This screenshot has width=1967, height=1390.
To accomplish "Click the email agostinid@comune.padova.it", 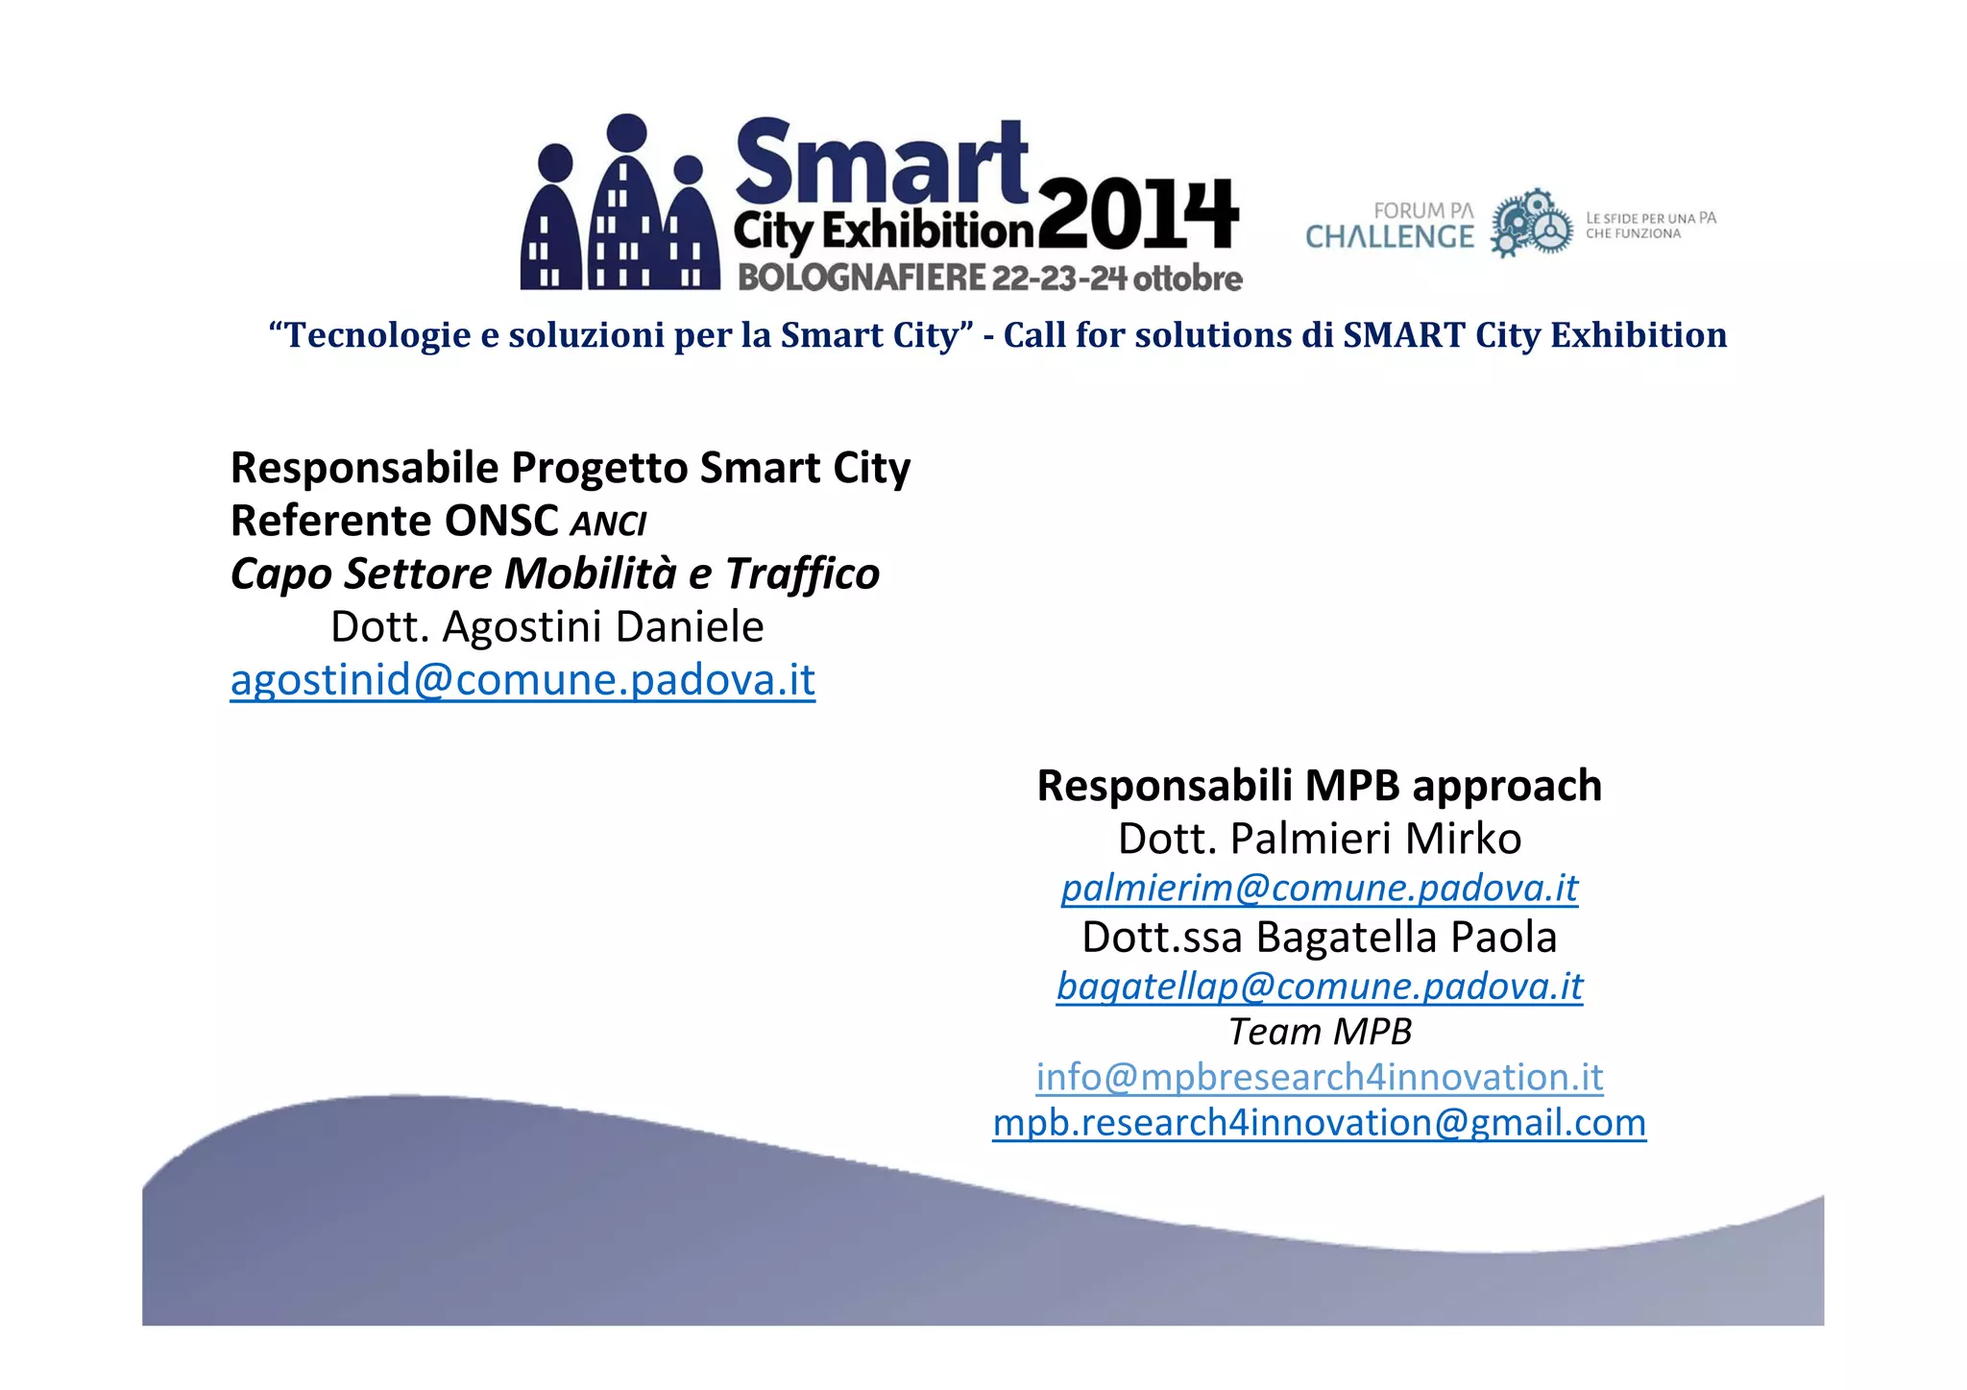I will tap(522, 680).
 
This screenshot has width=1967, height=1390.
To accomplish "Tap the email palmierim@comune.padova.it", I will tap(1319, 888).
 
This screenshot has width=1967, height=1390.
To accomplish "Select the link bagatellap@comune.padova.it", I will tap(1319, 986).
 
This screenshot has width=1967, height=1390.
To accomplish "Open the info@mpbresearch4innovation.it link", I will tap(1319, 1077).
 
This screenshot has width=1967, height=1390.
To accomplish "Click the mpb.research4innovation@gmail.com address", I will tap(1319, 1122).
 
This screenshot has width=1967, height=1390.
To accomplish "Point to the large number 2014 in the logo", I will tap(1138, 213).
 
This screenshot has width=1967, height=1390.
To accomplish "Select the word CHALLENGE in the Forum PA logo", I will tap(1389, 237).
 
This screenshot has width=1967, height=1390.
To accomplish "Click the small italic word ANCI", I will tap(608, 524).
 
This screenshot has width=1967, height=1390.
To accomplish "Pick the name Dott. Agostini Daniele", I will tap(546, 626).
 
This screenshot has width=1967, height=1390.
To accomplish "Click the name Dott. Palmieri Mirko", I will tap(1319, 839).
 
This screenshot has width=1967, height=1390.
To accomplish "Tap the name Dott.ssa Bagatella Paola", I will tap(1319, 937).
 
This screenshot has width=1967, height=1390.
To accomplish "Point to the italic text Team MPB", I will tap(1320, 1032).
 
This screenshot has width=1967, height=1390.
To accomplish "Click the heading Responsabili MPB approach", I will tap(1319, 786).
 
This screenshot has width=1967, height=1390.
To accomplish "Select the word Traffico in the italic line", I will tap(802, 573).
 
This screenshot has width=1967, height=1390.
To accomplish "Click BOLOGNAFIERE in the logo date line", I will tap(862, 278).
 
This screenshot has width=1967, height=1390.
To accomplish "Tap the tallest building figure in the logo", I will tap(627, 207).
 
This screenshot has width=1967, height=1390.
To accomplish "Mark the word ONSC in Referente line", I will tap(502, 521).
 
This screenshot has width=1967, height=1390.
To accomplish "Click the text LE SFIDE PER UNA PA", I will tap(1650, 218).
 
